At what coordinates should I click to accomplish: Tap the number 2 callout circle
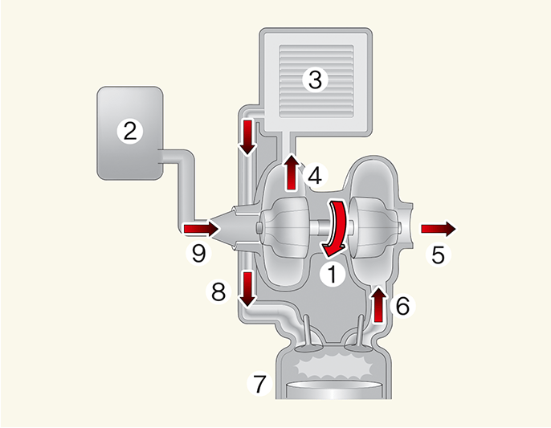(x=129, y=131)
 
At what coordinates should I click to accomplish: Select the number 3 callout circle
(x=314, y=79)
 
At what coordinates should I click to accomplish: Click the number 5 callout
(x=438, y=255)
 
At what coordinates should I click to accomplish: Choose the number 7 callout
(x=259, y=384)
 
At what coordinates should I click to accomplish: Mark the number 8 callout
(x=218, y=291)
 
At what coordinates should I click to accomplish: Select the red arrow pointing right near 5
(x=438, y=229)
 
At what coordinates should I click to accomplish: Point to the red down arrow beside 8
(x=247, y=288)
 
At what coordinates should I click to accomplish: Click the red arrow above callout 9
(x=201, y=230)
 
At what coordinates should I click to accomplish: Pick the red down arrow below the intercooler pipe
(x=247, y=137)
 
